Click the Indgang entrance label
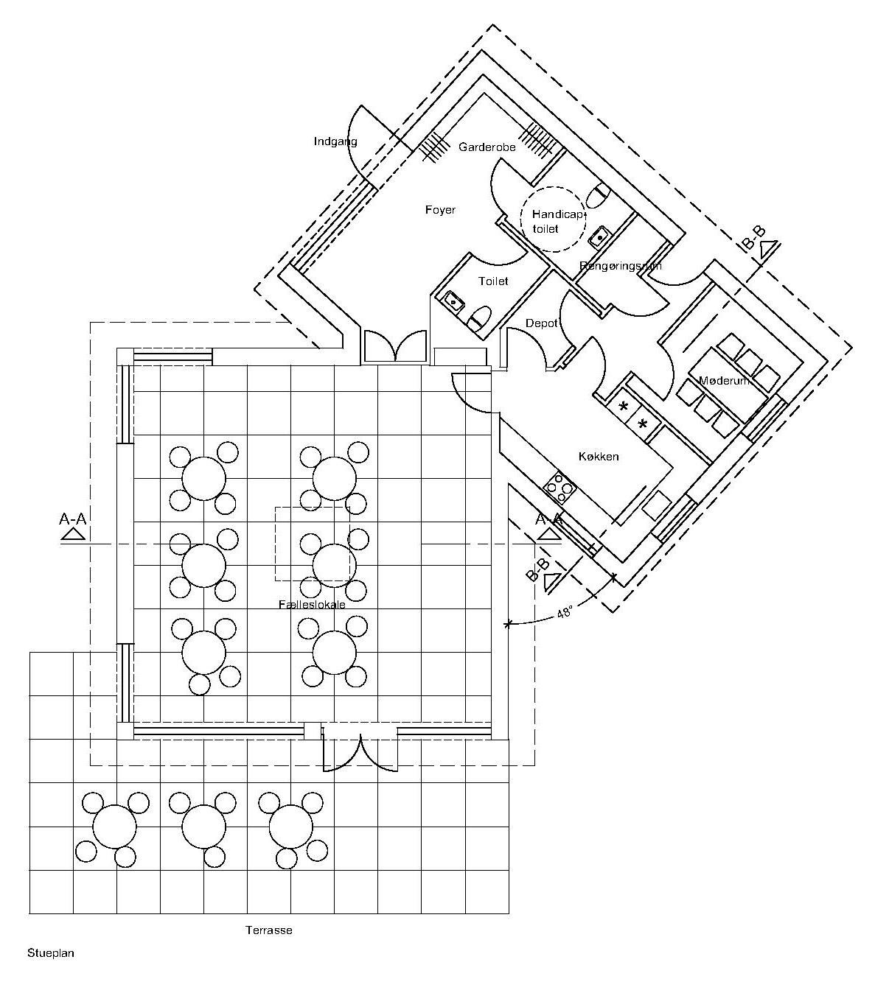[x=335, y=141]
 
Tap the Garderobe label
[x=487, y=147]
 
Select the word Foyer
[x=440, y=210]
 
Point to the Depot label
[x=541, y=323]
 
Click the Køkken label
[x=598, y=457]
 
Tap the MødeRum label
[x=724, y=380]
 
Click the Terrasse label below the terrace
[x=268, y=930]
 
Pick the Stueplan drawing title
[x=51, y=952]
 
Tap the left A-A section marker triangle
[x=72, y=534]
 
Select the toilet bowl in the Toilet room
[x=479, y=318]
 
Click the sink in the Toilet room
[x=450, y=300]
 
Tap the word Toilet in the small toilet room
[x=492, y=281]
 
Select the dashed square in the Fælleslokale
[x=312, y=544]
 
